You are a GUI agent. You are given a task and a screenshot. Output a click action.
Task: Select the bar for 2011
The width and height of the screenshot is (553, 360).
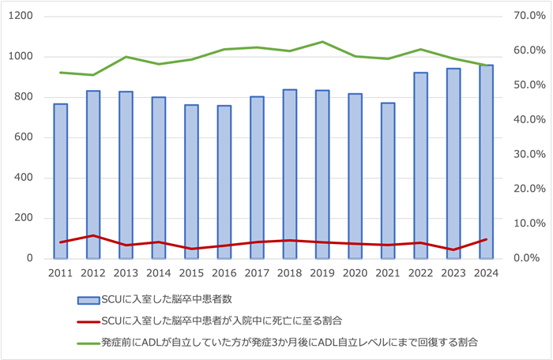[61, 181]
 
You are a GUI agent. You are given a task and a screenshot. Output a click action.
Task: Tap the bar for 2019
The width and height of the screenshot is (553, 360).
[322, 174]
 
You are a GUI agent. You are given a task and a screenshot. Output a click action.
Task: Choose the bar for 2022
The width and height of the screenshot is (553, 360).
[420, 165]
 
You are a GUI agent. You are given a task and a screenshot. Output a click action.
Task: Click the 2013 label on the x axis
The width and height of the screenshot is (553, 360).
[126, 273]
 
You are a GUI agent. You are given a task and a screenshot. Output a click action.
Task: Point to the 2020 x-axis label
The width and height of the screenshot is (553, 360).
[355, 273]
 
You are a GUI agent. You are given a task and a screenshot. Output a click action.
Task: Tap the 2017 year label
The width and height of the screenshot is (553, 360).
[257, 273]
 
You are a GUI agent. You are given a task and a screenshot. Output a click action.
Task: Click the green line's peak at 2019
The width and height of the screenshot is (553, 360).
[322, 42]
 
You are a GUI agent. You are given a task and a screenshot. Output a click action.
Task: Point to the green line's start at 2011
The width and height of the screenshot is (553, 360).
[61, 73]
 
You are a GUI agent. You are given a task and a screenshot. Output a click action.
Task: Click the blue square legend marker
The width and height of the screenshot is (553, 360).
[87, 299]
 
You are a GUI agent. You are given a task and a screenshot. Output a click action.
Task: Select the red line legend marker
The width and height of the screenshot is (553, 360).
[87, 321]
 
